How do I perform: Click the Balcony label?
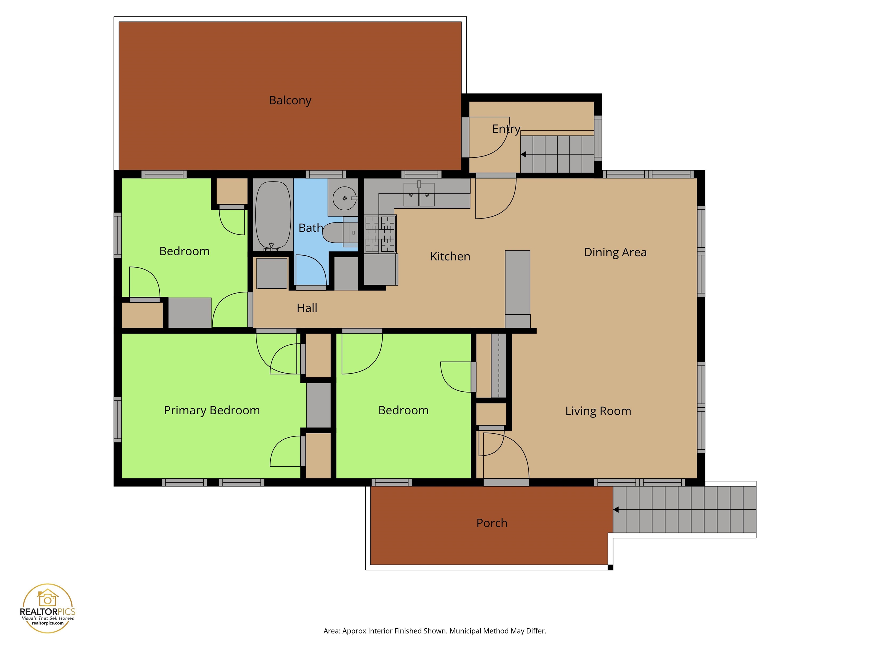[x=290, y=100]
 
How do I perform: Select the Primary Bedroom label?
[x=212, y=410]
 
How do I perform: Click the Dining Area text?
[x=615, y=252]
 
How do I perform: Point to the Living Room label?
[x=598, y=411]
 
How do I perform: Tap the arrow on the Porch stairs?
[x=616, y=510]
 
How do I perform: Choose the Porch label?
[x=492, y=523]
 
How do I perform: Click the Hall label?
[x=307, y=308]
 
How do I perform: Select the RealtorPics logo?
[x=48, y=608]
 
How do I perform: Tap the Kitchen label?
[x=450, y=256]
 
